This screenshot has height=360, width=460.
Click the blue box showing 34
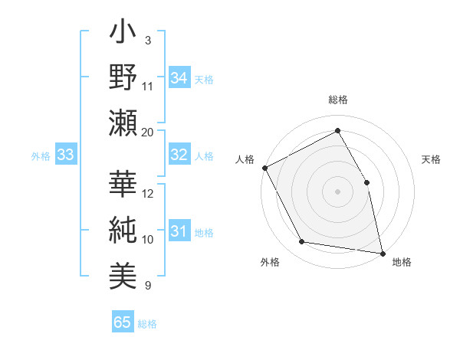(179, 77)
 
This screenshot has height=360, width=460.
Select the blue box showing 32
(179, 155)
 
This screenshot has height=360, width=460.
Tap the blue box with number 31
(179, 231)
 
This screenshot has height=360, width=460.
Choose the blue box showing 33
(66, 155)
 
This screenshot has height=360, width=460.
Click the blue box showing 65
(123, 322)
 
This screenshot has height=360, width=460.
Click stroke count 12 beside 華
(148, 193)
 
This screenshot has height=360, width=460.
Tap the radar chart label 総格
(338, 100)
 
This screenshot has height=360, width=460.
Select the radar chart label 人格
(245, 159)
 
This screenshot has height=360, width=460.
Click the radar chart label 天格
(432, 159)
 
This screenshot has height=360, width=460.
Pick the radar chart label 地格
(402, 263)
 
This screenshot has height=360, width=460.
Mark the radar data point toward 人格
(264, 168)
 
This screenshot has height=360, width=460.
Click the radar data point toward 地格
(382, 252)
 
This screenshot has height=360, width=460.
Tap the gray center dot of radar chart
(337, 191)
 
